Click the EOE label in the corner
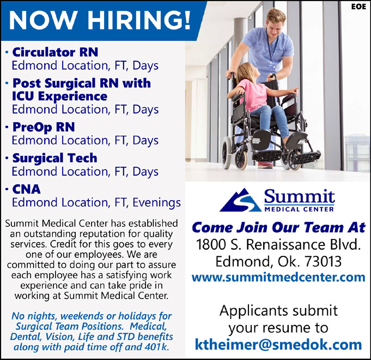pos(358,7)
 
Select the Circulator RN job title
pos(55,52)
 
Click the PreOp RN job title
pos(44,127)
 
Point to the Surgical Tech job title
pos(55,158)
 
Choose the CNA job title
pos(27,189)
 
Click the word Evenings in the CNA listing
pos(157,203)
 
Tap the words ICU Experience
pos(59,96)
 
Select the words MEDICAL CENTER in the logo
pos(299,209)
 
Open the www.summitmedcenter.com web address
pos(278,277)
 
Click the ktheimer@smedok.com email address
pos(278,345)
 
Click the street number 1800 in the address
pos(211,245)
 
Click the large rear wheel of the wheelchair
pos(227,152)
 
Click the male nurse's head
pos(276,23)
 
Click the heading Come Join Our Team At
pos(279,227)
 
